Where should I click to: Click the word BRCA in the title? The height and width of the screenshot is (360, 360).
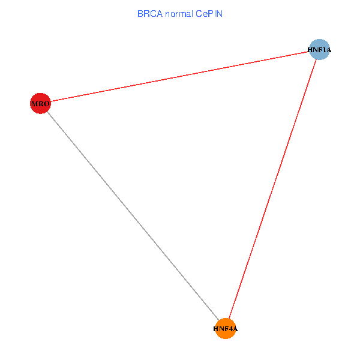coord(149,13)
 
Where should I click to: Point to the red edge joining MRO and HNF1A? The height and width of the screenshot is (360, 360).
coord(180,77)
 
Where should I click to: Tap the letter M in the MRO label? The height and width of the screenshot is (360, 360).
coord(35,104)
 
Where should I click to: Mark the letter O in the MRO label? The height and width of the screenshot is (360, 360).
coord(47,104)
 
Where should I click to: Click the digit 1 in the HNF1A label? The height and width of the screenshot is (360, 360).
coord(322,50)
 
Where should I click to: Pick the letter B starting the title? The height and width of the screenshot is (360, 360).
coord(140,13)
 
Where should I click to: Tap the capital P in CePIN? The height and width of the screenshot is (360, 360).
coord(211,13)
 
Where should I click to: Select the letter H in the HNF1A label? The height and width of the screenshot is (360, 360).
coord(310,50)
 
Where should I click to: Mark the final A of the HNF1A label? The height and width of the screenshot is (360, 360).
coord(328,50)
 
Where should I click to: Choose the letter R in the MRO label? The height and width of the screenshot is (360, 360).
coord(41,104)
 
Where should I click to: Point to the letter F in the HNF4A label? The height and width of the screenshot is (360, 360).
coord(226,329)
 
